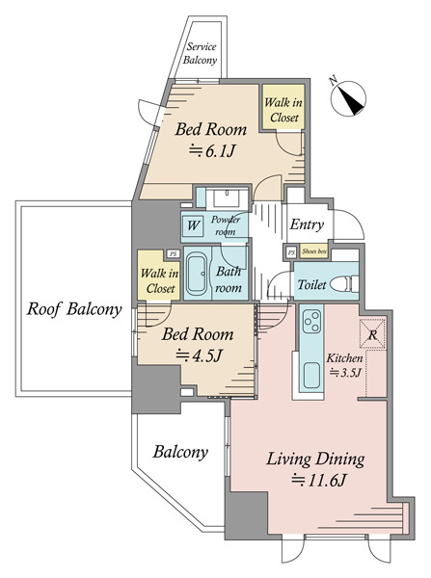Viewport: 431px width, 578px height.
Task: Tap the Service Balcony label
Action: [200, 53]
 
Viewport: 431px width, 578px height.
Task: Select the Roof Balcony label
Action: [74, 309]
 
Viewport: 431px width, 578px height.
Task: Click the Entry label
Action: [307, 224]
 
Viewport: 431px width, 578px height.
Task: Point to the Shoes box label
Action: [314, 251]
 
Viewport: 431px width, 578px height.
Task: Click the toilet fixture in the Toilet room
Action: [344, 284]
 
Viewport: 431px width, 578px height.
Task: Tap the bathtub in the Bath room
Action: [197, 274]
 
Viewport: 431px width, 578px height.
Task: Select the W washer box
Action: [193, 225]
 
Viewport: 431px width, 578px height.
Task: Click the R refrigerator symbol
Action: [373, 334]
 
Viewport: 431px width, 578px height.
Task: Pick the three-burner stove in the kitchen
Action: [311, 322]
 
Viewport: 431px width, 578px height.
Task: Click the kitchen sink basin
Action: [311, 376]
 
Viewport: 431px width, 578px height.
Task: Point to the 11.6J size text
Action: [319, 481]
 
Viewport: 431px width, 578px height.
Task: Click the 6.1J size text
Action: [212, 151]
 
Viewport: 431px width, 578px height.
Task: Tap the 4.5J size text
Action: [199, 355]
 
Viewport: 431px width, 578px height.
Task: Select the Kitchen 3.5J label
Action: [344, 365]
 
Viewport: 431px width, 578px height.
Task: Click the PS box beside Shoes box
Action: [291, 252]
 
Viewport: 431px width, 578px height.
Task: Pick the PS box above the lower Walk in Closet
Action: [173, 253]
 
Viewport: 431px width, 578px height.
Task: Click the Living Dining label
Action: [315, 460]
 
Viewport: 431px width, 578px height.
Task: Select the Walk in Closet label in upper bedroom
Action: [283, 110]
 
